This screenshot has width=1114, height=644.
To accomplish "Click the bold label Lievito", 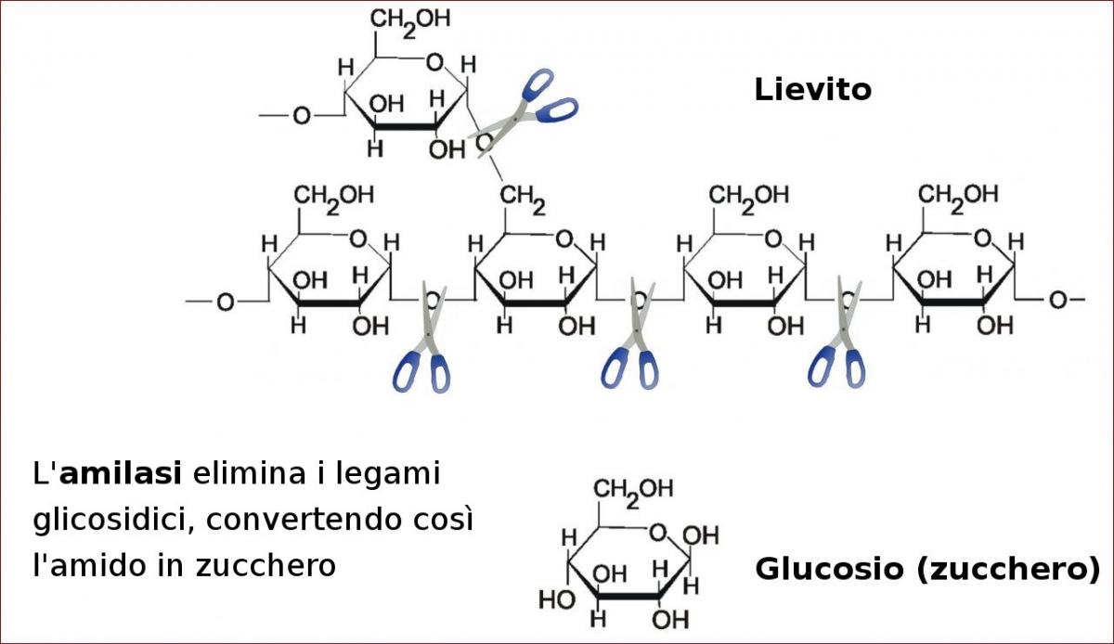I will pyautogui.click(x=812, y=89).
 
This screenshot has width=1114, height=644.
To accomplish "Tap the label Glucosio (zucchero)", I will pyautogui.click(x=927, y=568).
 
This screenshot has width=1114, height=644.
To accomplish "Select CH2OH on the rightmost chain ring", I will pyautogui.click(x=959, y=195).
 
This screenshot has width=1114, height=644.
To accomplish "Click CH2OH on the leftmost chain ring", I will pyautogui.click(x=334, y=195).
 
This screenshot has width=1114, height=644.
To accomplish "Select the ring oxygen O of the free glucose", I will pyautogui.click(x=658, y=533).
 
